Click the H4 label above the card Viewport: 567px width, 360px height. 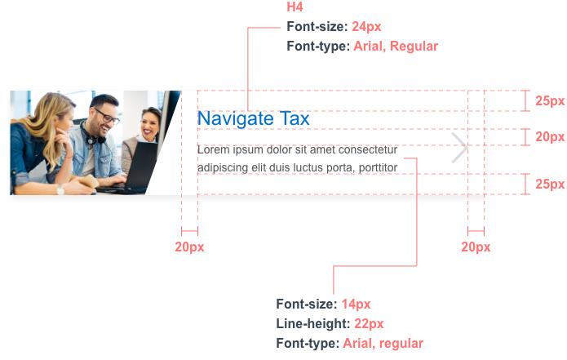coord(294,7)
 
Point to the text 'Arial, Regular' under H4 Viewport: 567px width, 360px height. coord(396,47)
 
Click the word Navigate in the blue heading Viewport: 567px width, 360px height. coord(235,119)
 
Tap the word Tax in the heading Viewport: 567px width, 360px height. coord(295,119)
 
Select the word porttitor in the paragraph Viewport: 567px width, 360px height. coord(377,168)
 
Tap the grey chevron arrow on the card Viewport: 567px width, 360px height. coord(460,148)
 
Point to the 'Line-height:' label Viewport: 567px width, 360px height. coord(313,324)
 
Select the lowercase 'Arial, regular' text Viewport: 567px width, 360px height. coord(383,343)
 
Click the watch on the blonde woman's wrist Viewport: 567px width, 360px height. coord(60,189)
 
